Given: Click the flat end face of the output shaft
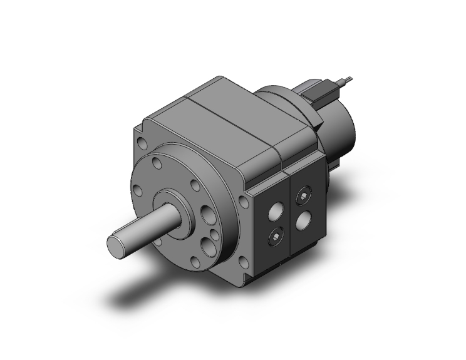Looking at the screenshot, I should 118,245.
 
